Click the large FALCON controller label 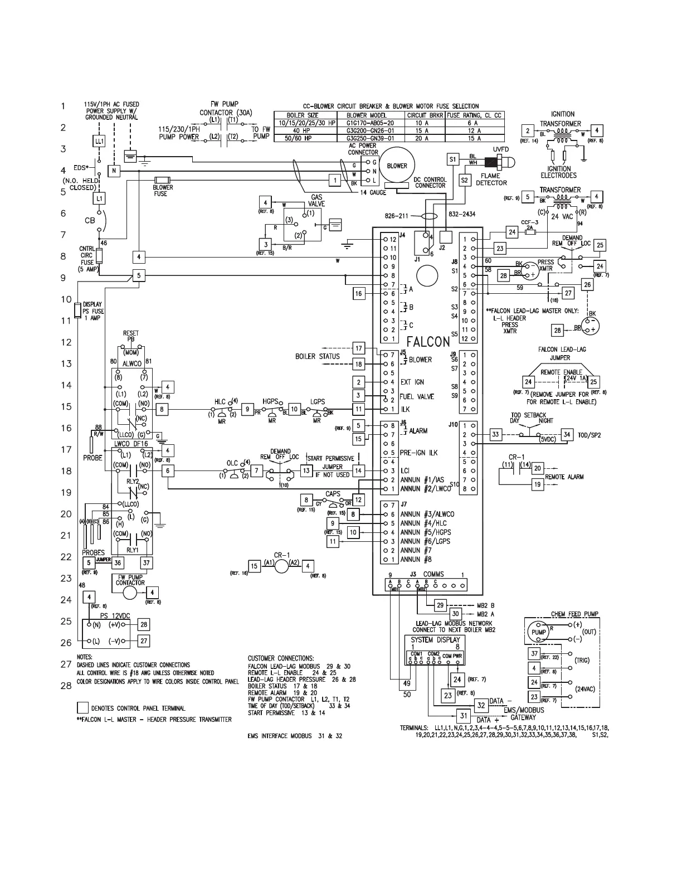pyautogui.click(x=428, y=341)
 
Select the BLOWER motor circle pyautogui.click(x=397, y=166)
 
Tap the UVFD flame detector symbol pyautogui.click(x=500, y=163)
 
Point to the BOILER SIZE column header pyautogui.click(x=302, y=115)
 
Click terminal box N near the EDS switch pyautogui.click(x=113, y=171)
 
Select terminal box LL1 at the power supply pyautogui.click(x=99, y=142)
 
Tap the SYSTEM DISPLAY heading pyautogui.click(x=435, y=639)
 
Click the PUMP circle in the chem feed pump pyautogui.click(x=538, y=632)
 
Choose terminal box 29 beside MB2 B pyautogui.click(x=440, y=605)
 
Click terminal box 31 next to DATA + pyautogui.click(x=463, y=716)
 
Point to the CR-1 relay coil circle pyautogui.click(x=282, y=566)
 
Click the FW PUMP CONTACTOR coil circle pyautogui.click(x=129, y=593)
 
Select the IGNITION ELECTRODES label pyautogui.click(x=558, y=172)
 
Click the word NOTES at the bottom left pyautogui.click(x=85, y=657)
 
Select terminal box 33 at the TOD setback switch pyautogui.click(x=495, y=434)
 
